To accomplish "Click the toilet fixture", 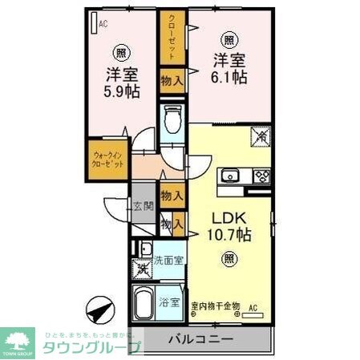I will [172, 121].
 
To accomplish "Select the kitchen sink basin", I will [231, 175].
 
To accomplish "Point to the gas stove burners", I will [261, 176].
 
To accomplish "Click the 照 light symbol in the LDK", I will [229, 258].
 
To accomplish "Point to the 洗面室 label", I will [169, 260].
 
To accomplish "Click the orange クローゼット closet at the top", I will [172, 36].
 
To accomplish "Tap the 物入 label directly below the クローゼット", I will [172, 79].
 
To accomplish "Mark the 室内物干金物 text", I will [216, 305].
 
